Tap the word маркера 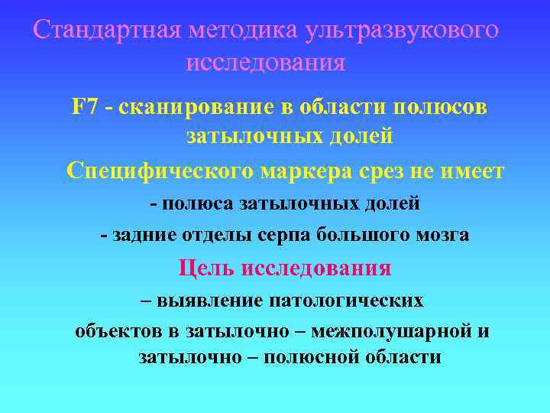[309, 171]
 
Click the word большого [362, 236]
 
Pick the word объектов [117, 332]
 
